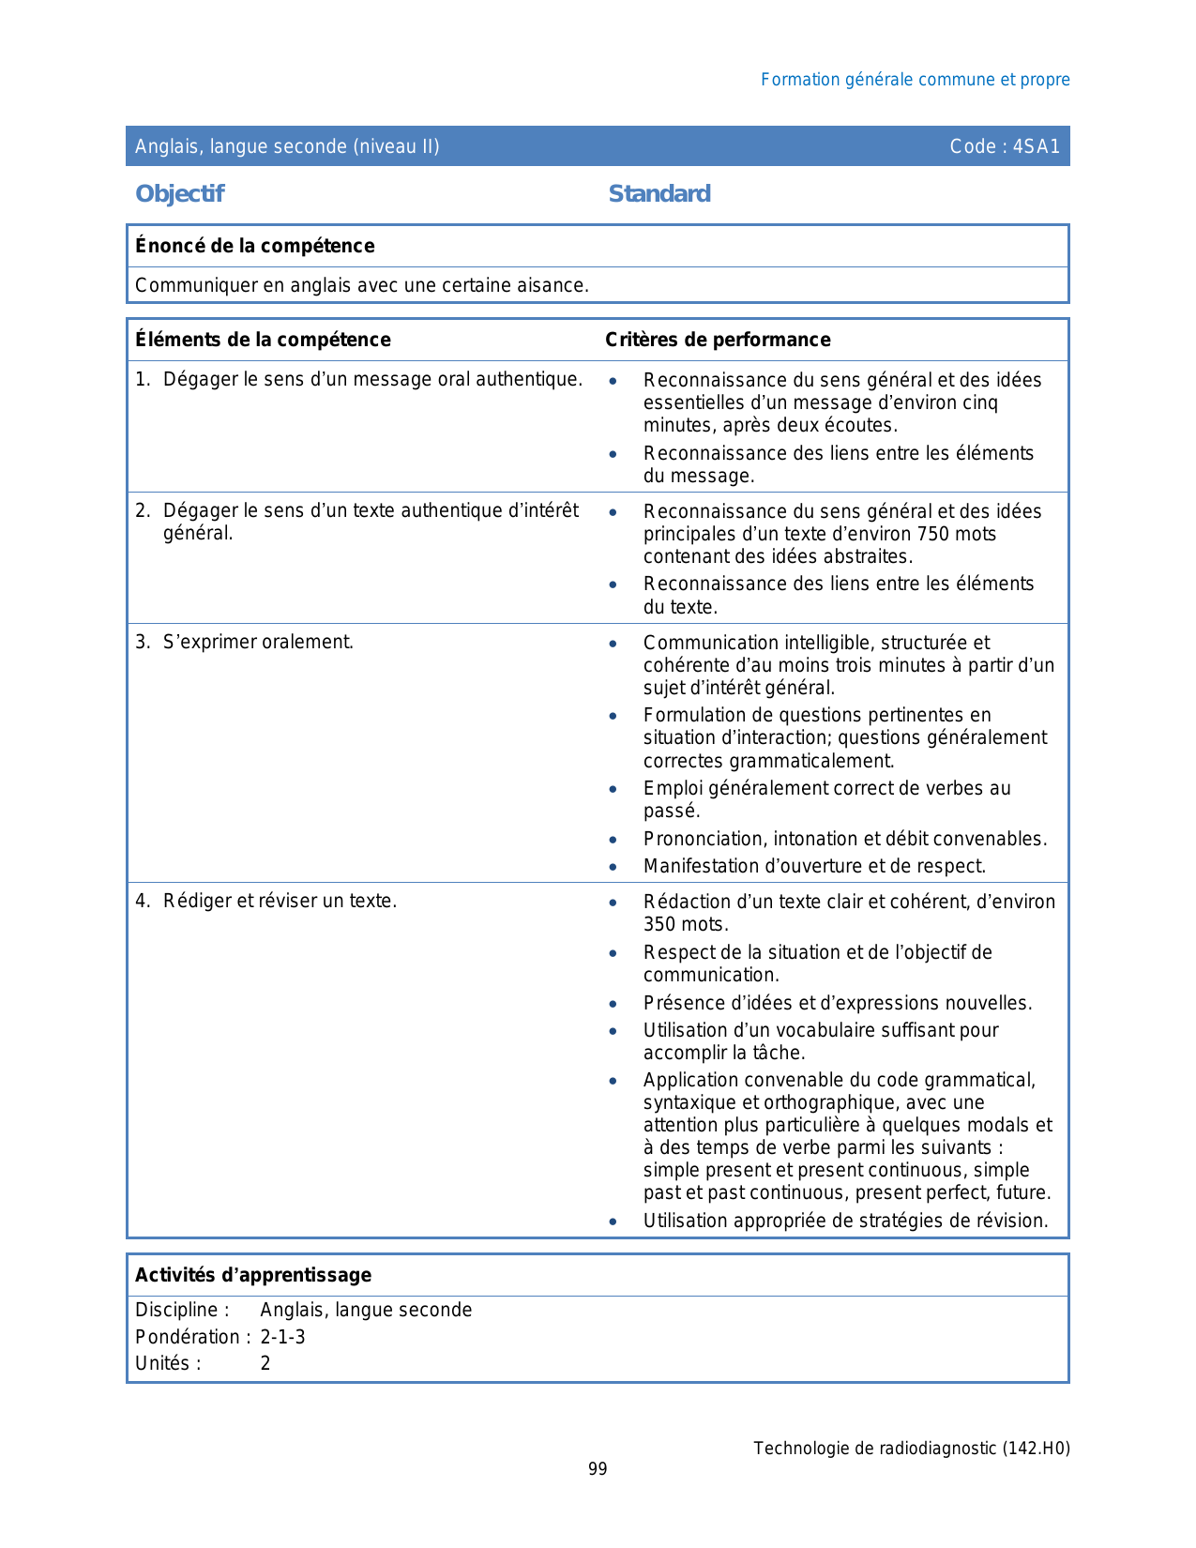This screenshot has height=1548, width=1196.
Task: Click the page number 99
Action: pyautogui.click(x=598, y=1469)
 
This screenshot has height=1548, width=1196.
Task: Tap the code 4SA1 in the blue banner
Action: pyautogui.click(x=1036, y=146)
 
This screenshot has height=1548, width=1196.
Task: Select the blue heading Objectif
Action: pyautogui.click(x=179, y=194)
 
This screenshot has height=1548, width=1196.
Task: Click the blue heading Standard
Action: pyautogui.click(x=659, y=194)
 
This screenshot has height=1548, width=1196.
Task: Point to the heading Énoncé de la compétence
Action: pyautogui.click(x=254, y=246)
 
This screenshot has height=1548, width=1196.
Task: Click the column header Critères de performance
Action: pyautogui.click(x=718, y=340)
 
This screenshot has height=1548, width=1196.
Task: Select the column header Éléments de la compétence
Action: pyautogui.click(x=263, y=340)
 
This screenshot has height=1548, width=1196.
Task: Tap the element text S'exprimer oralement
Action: pyautogui.click(x=258, y=643)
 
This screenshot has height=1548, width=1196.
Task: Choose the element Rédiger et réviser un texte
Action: pyautogui.click(x=280, y=902)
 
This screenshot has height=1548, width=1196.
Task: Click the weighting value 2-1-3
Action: pyautogui.click(x=282, y=1337)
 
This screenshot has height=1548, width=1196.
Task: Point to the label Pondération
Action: pyautogui.click(x=192, y=1337)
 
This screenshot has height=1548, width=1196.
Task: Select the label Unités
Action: pyautogui.click(x=168, y=1363)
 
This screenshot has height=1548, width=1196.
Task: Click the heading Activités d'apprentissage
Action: pyautogui.click(x=253, y=1275)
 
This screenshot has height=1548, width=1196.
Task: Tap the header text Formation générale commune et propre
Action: pyautogui.click(x=915, y=80)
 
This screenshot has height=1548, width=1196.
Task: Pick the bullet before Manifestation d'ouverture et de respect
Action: pyautogui.click(x=613, y=867)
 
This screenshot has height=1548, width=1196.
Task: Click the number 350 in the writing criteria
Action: pyautogui.click(x=660, y=924)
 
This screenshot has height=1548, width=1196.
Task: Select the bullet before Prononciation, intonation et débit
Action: pyautogui.click(x=613, y=840)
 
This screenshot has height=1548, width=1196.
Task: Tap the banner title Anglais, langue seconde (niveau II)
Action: pyautogui.click(x=287, y=146)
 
